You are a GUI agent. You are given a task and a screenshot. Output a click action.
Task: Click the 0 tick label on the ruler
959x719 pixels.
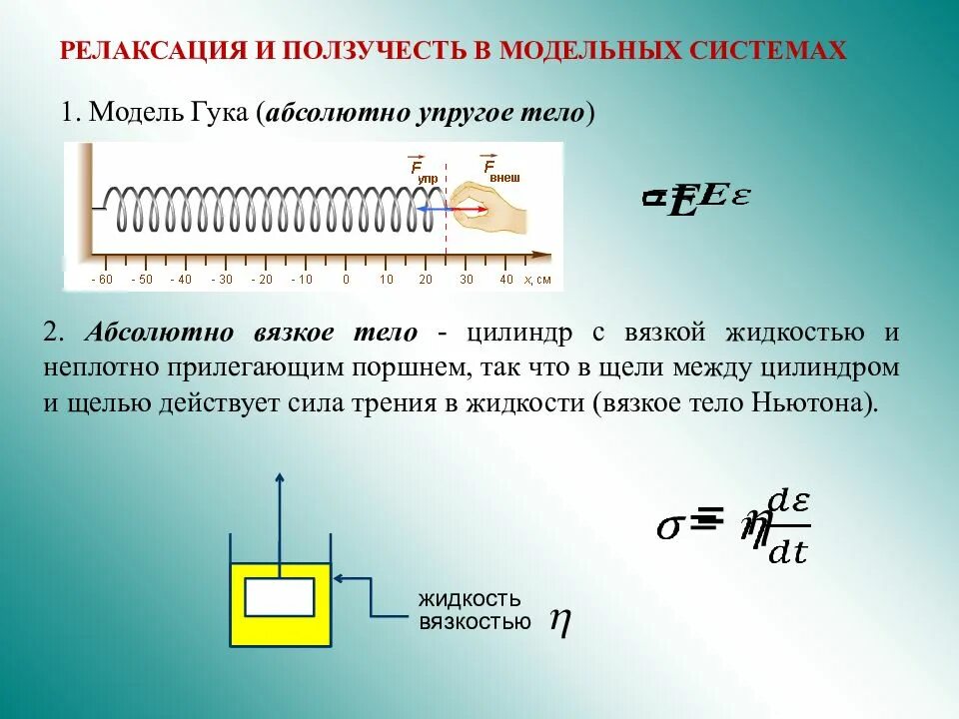(x=346, y=280)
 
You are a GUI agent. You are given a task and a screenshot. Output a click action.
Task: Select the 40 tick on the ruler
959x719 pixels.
(x=506, y=280)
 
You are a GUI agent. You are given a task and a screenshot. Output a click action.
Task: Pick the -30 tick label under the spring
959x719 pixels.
(x=221, y=280)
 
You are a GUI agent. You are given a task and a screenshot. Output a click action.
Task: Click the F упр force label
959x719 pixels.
(x=422, y=170)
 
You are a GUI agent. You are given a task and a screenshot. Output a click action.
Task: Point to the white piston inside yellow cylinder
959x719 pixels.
(x=280, y=597)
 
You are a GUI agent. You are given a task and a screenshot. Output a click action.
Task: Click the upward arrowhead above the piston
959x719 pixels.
(x=280, y=478)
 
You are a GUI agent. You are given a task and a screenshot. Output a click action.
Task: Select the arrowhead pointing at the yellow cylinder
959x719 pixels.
(x=340, y=577)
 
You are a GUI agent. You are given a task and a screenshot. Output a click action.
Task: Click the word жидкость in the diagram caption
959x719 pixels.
(x=470, y=599)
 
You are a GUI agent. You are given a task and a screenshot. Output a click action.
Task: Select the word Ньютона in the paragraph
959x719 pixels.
(x=820, y=404)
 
